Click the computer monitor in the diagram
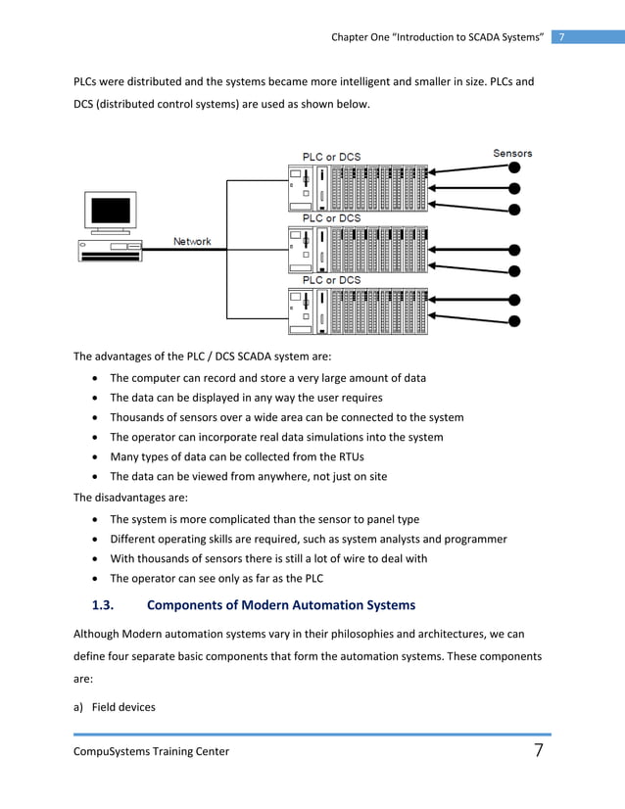tap(110, 211)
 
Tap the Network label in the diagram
tap(192, 242)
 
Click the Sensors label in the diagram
tap(511, 153)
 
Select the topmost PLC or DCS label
tap(331, 156)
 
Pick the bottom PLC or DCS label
tap(331, 280)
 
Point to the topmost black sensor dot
tap(514, 169)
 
